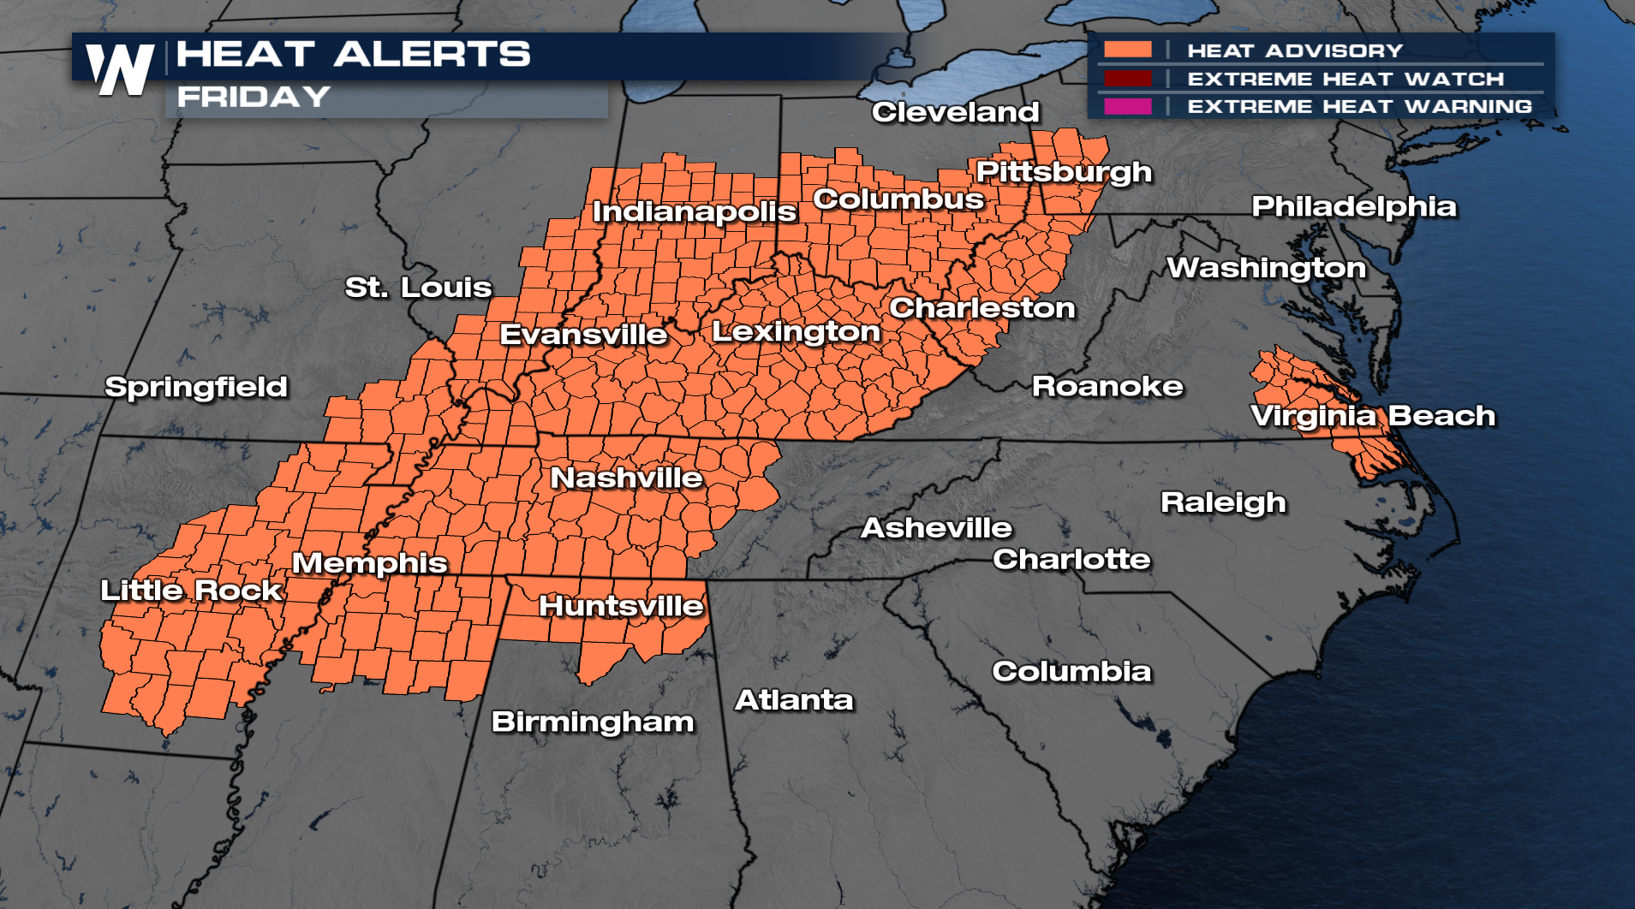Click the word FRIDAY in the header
pos(254,97)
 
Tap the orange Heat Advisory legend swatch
pos(1127,50)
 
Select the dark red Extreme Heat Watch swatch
pos(1127,79)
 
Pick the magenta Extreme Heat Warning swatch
pos(1127,106)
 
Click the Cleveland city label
pos(955,112)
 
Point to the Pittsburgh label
pos(1064,172)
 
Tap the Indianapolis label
pos(695,211)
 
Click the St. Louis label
pos(418,288)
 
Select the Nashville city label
pos(626,478)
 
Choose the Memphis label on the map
pos(369,563)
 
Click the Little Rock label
pos(191,591)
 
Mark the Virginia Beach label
pos(1373,416)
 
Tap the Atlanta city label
pos(794,700)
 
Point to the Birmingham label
pos(593,722)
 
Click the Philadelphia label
pos(1354,206)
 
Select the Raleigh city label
pos(1223,502)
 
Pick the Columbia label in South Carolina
pos(1071,672)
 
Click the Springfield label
pos(196,387)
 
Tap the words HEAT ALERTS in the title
pos(353,54)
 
